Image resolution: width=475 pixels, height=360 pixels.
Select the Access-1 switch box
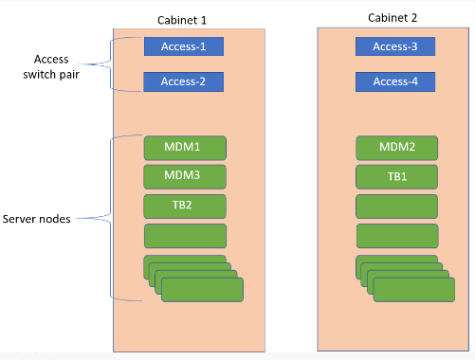click(183, 46)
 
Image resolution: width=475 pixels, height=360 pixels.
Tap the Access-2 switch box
click(183, 81)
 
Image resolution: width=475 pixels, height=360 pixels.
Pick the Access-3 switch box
click(395, 46)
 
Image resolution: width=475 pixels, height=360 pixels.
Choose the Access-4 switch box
click(395, 81)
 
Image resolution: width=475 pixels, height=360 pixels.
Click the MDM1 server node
click(185, 148)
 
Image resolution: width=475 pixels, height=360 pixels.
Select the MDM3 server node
click(185, 176)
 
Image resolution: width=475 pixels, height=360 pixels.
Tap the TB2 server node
click(185, 206)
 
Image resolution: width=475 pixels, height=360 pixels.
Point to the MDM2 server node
click(396, 148)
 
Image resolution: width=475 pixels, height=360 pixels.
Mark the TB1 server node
click(396, 176)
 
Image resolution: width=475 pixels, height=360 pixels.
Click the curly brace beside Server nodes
click(106, 219)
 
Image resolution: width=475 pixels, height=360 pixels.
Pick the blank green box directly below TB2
click(185, 235)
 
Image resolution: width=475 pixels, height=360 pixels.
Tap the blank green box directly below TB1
click(396, 206)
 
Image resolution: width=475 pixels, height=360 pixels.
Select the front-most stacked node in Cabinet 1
click(202, 289)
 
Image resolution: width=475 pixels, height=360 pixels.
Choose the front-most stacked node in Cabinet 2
click(414, 289)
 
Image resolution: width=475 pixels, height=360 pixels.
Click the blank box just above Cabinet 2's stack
click(396, 235)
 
